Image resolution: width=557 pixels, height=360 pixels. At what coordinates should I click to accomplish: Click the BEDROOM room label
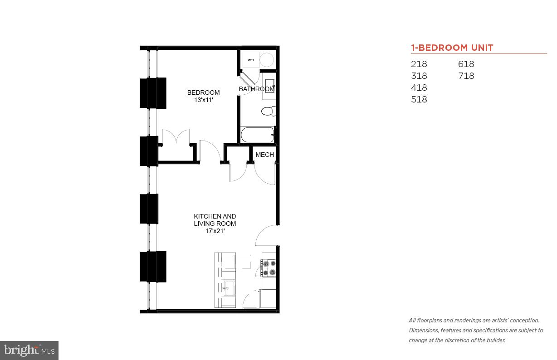[x=203, y=92]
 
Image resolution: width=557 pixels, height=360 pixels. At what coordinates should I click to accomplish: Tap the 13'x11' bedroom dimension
[x=204, y=100]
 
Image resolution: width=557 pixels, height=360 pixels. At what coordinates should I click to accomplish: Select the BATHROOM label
[x=256, y=89]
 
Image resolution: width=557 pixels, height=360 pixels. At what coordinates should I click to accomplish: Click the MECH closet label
[x=264, y=155]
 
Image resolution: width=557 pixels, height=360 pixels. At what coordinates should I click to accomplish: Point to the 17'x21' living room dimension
[x=215, y=231]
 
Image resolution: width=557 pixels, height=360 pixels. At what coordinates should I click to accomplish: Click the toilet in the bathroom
[x=268, y=111]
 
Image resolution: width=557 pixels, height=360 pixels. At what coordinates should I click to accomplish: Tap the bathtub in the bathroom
[x=257, y=135]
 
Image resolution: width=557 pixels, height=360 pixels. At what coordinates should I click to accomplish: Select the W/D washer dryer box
[x=251, y=60]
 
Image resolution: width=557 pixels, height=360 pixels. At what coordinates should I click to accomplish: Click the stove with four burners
[x=269, y=268]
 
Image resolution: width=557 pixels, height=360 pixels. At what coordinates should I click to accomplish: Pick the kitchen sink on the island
[x=228, y=287]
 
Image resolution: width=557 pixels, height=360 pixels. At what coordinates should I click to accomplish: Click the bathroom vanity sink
[x=269, y=85]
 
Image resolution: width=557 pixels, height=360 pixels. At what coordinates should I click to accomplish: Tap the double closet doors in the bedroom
[x=176, y=138]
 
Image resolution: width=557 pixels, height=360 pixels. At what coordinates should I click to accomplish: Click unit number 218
[x=419, y=64]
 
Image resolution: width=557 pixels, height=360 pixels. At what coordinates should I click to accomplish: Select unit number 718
[x=466, y=76]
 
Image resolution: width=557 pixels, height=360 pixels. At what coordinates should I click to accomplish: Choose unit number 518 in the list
[x=419, y=99]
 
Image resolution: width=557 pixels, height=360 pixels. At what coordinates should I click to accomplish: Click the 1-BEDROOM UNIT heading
[x=452, y=48]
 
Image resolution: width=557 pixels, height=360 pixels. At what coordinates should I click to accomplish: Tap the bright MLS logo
[x=29, y=350]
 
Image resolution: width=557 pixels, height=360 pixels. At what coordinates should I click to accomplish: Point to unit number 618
[x=466, y=64]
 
